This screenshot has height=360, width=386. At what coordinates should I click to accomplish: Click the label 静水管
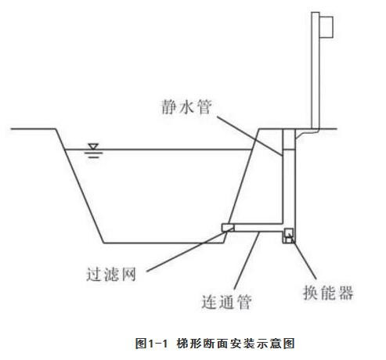(x=186, y=106)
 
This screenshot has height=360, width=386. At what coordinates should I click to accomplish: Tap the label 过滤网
(x=111, y=274)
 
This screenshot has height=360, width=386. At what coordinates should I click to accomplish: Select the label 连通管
(x=227, y=302)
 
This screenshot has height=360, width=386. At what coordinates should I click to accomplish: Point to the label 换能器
(x=328, y=293)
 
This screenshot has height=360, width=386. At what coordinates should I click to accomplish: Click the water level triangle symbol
(x=93, y=146)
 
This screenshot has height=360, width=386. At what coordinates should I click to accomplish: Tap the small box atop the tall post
(x=326, y=27)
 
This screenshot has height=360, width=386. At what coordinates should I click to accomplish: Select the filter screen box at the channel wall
(x=228, y=228)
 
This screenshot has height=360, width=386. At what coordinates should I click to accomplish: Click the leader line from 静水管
(x=250, y=136)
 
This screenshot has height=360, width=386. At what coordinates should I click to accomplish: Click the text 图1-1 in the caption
(x=151, y=343)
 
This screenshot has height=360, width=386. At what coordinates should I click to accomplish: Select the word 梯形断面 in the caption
(x=203, y=343)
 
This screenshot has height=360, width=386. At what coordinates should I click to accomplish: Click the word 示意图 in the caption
(x=276, y=343)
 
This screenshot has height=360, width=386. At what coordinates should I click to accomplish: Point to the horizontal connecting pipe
(x=258, y=228)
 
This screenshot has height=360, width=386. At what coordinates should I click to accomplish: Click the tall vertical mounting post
(x=316, y=70)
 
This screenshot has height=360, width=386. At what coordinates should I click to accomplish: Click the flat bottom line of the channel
(x=164, y=243)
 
